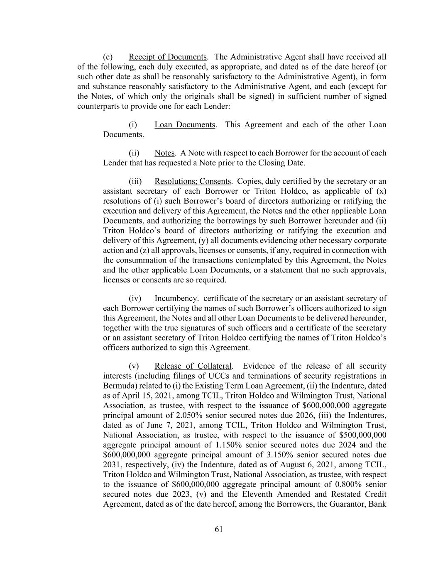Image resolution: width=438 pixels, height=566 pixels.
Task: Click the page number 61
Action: pyautogui.click(x=219, y=529)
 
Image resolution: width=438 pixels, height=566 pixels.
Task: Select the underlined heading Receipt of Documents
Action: pyautogui.click(x=167, y=57)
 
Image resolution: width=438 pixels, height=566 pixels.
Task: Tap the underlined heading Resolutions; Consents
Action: pyautogui.click(x=193, y=181)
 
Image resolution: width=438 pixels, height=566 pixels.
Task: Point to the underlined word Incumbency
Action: pyautogui.click(x=176, y=299)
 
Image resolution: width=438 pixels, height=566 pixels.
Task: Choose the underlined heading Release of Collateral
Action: pyautogui.click(x=193, y=366)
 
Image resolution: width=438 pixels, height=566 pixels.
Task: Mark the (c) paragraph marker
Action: pyautogui.click(x=108, y=57)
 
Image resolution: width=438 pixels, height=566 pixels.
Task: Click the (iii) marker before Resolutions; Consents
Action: pyautogui.click(x=135, y=181)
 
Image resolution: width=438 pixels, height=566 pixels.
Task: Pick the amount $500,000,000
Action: pyautogui.click(x=362, y=435)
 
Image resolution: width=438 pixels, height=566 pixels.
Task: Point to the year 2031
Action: pyautogui.click(x=111, y=464)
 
